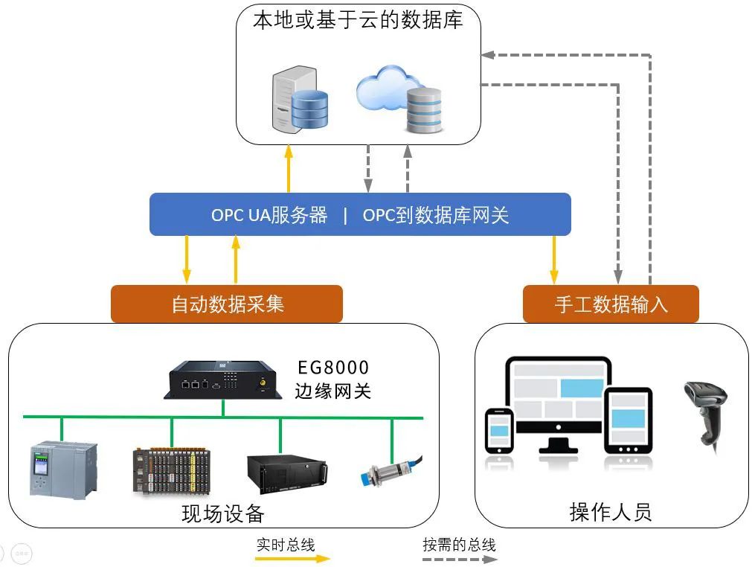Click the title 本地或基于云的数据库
(x=358, y=20)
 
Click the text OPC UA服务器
(x=269, y=215)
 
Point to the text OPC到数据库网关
(x=435, y=215)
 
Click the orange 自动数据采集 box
(x=227, y=304)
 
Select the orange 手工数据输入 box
(x=611, y=304)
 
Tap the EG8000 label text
(x=333, y=368)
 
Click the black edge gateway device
(x=223, y=380)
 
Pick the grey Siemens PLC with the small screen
(x=63, y=470)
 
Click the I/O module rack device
(x=172, y=472)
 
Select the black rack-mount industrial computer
(x=287, y=473)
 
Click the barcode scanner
(x=707, y=414)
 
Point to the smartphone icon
(x=499, y=431)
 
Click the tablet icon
(x=628, y=420)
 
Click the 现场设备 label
(x=223, y=513)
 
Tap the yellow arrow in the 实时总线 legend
(x=292, y=559)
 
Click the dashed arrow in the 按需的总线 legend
(x=460, y=560)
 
